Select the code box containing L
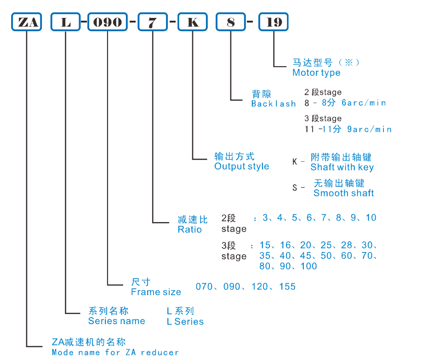[66, 22]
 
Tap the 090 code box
[107, 22]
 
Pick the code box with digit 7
[153, 22]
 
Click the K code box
[193, 22]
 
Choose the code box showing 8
[230, 22]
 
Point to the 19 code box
[274, 22]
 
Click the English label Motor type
[316, 73]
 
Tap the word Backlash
[273, 104]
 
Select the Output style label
[241, 166]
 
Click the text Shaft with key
[342, 167]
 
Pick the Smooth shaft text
[343, 193]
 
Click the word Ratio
[189, 229]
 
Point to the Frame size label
[156, 292]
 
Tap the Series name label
[116, 321]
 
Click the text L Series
[185, 322]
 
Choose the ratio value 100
[309, 266]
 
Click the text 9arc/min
[369, 130]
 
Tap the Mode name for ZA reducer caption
[115, 353]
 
